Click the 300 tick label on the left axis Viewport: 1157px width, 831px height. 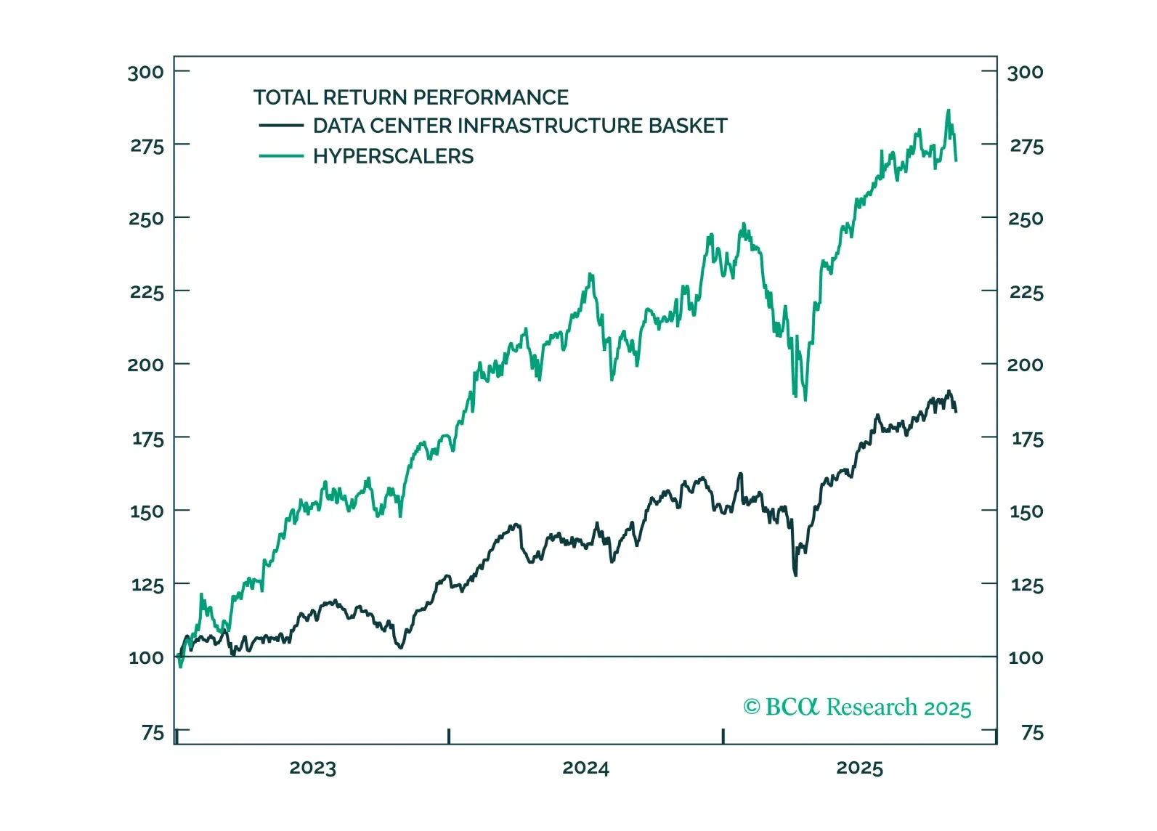(x=145, y=72)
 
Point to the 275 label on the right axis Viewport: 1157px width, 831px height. (x=1026, y=146)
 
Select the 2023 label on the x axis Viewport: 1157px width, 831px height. (x=312, y=768)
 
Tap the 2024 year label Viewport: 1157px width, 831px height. (x=585, y=768)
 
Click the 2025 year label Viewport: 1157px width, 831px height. (x=859, y=768)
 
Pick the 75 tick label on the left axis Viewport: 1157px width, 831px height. (x=153, y=732)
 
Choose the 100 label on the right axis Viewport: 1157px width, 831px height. (x=1026, y=658)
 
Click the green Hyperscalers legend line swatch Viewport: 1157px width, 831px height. (x=280, y=156)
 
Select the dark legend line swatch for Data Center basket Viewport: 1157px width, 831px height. (x=280, y=126)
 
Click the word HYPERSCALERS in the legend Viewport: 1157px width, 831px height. (x=393, y=156)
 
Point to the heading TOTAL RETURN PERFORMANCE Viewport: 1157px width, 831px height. (x=410, y=97)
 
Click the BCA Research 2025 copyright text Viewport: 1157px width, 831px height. (x=857, y=707)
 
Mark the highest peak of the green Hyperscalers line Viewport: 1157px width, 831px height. (x=948, y=110)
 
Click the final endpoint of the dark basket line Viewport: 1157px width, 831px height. (x=956, y=412)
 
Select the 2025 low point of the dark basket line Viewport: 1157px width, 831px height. (x=795, y=575)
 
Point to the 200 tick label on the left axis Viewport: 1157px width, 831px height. (x=145, y=365)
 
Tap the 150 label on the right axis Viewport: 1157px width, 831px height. (x=1026, y=511)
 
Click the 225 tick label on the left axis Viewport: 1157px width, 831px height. (x=147, y=292)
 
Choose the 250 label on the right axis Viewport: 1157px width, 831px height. (x=1026, y=219)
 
